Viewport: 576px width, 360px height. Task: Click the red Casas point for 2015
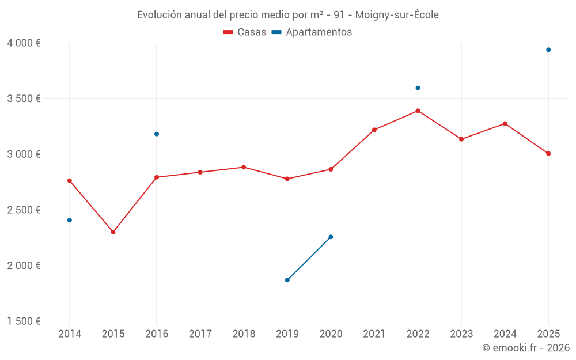coord(113,232)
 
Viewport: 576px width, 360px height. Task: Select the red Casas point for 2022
coord(418,111)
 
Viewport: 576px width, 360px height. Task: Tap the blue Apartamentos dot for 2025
coord(548,50)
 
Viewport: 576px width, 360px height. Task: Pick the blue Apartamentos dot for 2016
coord(157,134)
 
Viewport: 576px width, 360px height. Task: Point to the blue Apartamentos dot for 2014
coord(70,221)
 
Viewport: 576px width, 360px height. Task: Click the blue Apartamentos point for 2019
coord(287,281)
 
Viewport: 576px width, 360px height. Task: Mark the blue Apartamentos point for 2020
coord(331,237)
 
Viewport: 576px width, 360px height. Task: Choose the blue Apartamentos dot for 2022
coord(418,88)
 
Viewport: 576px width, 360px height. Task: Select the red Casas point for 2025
coord(548,154)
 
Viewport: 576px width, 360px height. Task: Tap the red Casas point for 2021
coord(374,130)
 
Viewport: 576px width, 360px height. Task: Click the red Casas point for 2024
coord(505,124)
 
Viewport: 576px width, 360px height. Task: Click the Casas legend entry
coord(245,32)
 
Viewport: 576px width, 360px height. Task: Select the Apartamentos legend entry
coord(312,32)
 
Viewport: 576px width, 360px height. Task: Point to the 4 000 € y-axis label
coord(24,43)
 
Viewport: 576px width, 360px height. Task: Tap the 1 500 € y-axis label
coord(24,321)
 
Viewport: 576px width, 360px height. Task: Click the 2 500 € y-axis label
coord(24,210)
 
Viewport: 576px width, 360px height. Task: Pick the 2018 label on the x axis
coord(244,334)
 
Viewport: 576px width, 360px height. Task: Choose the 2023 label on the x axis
coord(461,334)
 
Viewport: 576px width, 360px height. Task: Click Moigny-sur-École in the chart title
coord(397,15)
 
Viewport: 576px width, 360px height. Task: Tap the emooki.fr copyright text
coord(526,348)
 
